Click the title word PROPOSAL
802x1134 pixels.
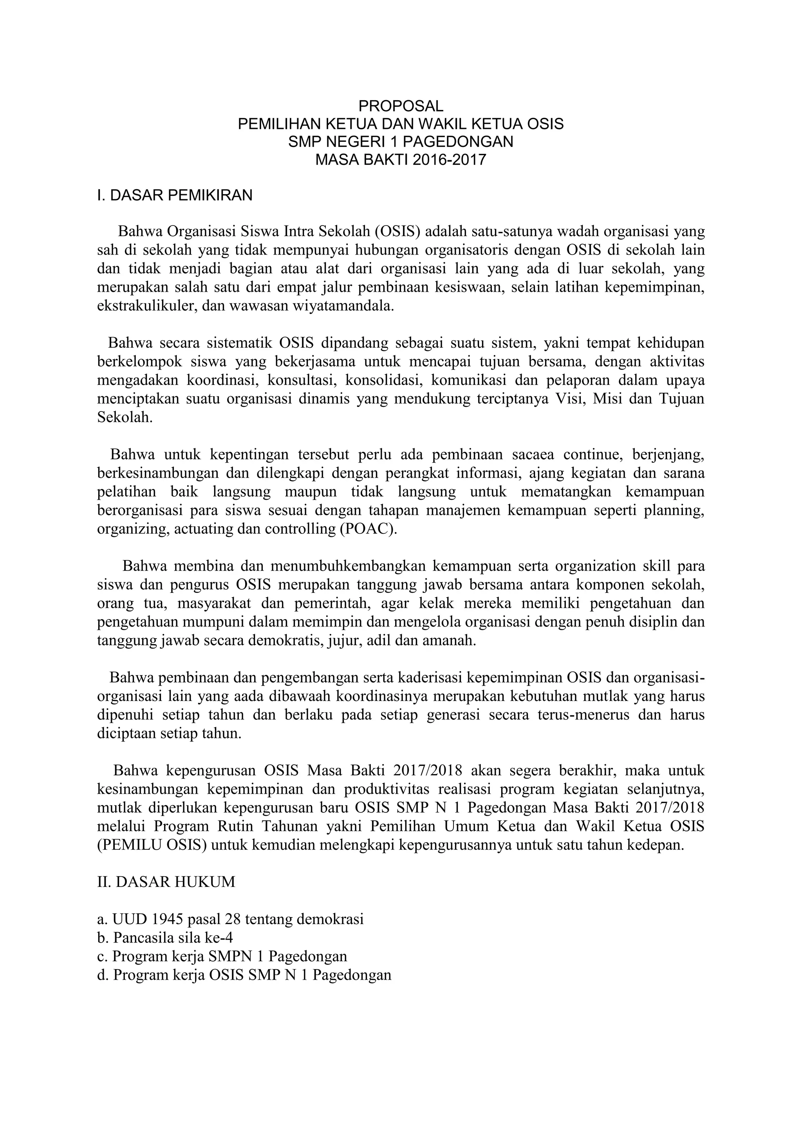401,106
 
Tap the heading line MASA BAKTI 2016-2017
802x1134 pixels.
401,159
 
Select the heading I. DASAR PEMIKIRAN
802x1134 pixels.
175,195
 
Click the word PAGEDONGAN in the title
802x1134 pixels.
458,142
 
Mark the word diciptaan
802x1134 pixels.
126,733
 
